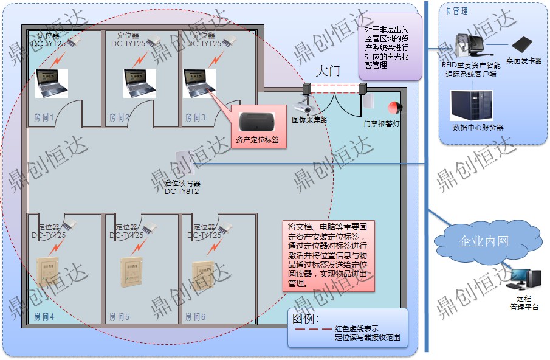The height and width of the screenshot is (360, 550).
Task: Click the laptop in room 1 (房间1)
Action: click(51, 83)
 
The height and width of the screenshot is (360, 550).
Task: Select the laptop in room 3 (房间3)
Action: click(200, 83)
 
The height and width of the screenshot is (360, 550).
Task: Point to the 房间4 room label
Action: click(44, 317)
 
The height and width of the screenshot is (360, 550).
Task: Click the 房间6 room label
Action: click(195, 317)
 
